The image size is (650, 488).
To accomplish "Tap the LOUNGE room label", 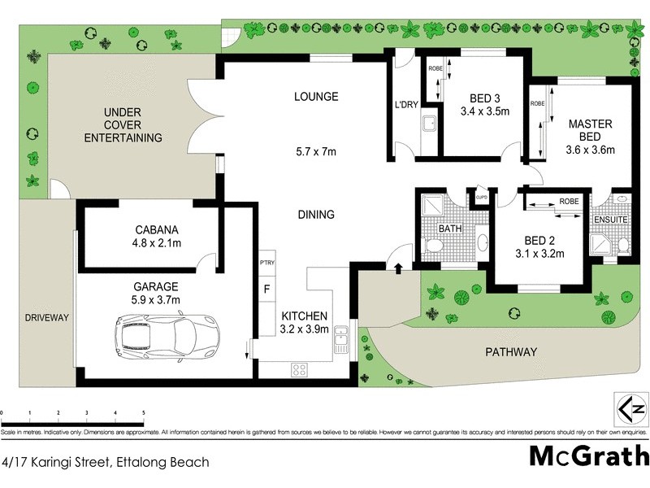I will point(316,97).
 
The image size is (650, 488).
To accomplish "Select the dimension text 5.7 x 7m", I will point(316,151).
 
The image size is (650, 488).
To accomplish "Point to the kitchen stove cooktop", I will point(299,368).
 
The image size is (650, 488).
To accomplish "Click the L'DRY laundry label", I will point(406,105).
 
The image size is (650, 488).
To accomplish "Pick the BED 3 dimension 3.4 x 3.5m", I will point(484,111).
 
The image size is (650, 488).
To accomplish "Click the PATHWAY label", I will point(511,352).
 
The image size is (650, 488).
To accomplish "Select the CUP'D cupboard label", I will point(481,196).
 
